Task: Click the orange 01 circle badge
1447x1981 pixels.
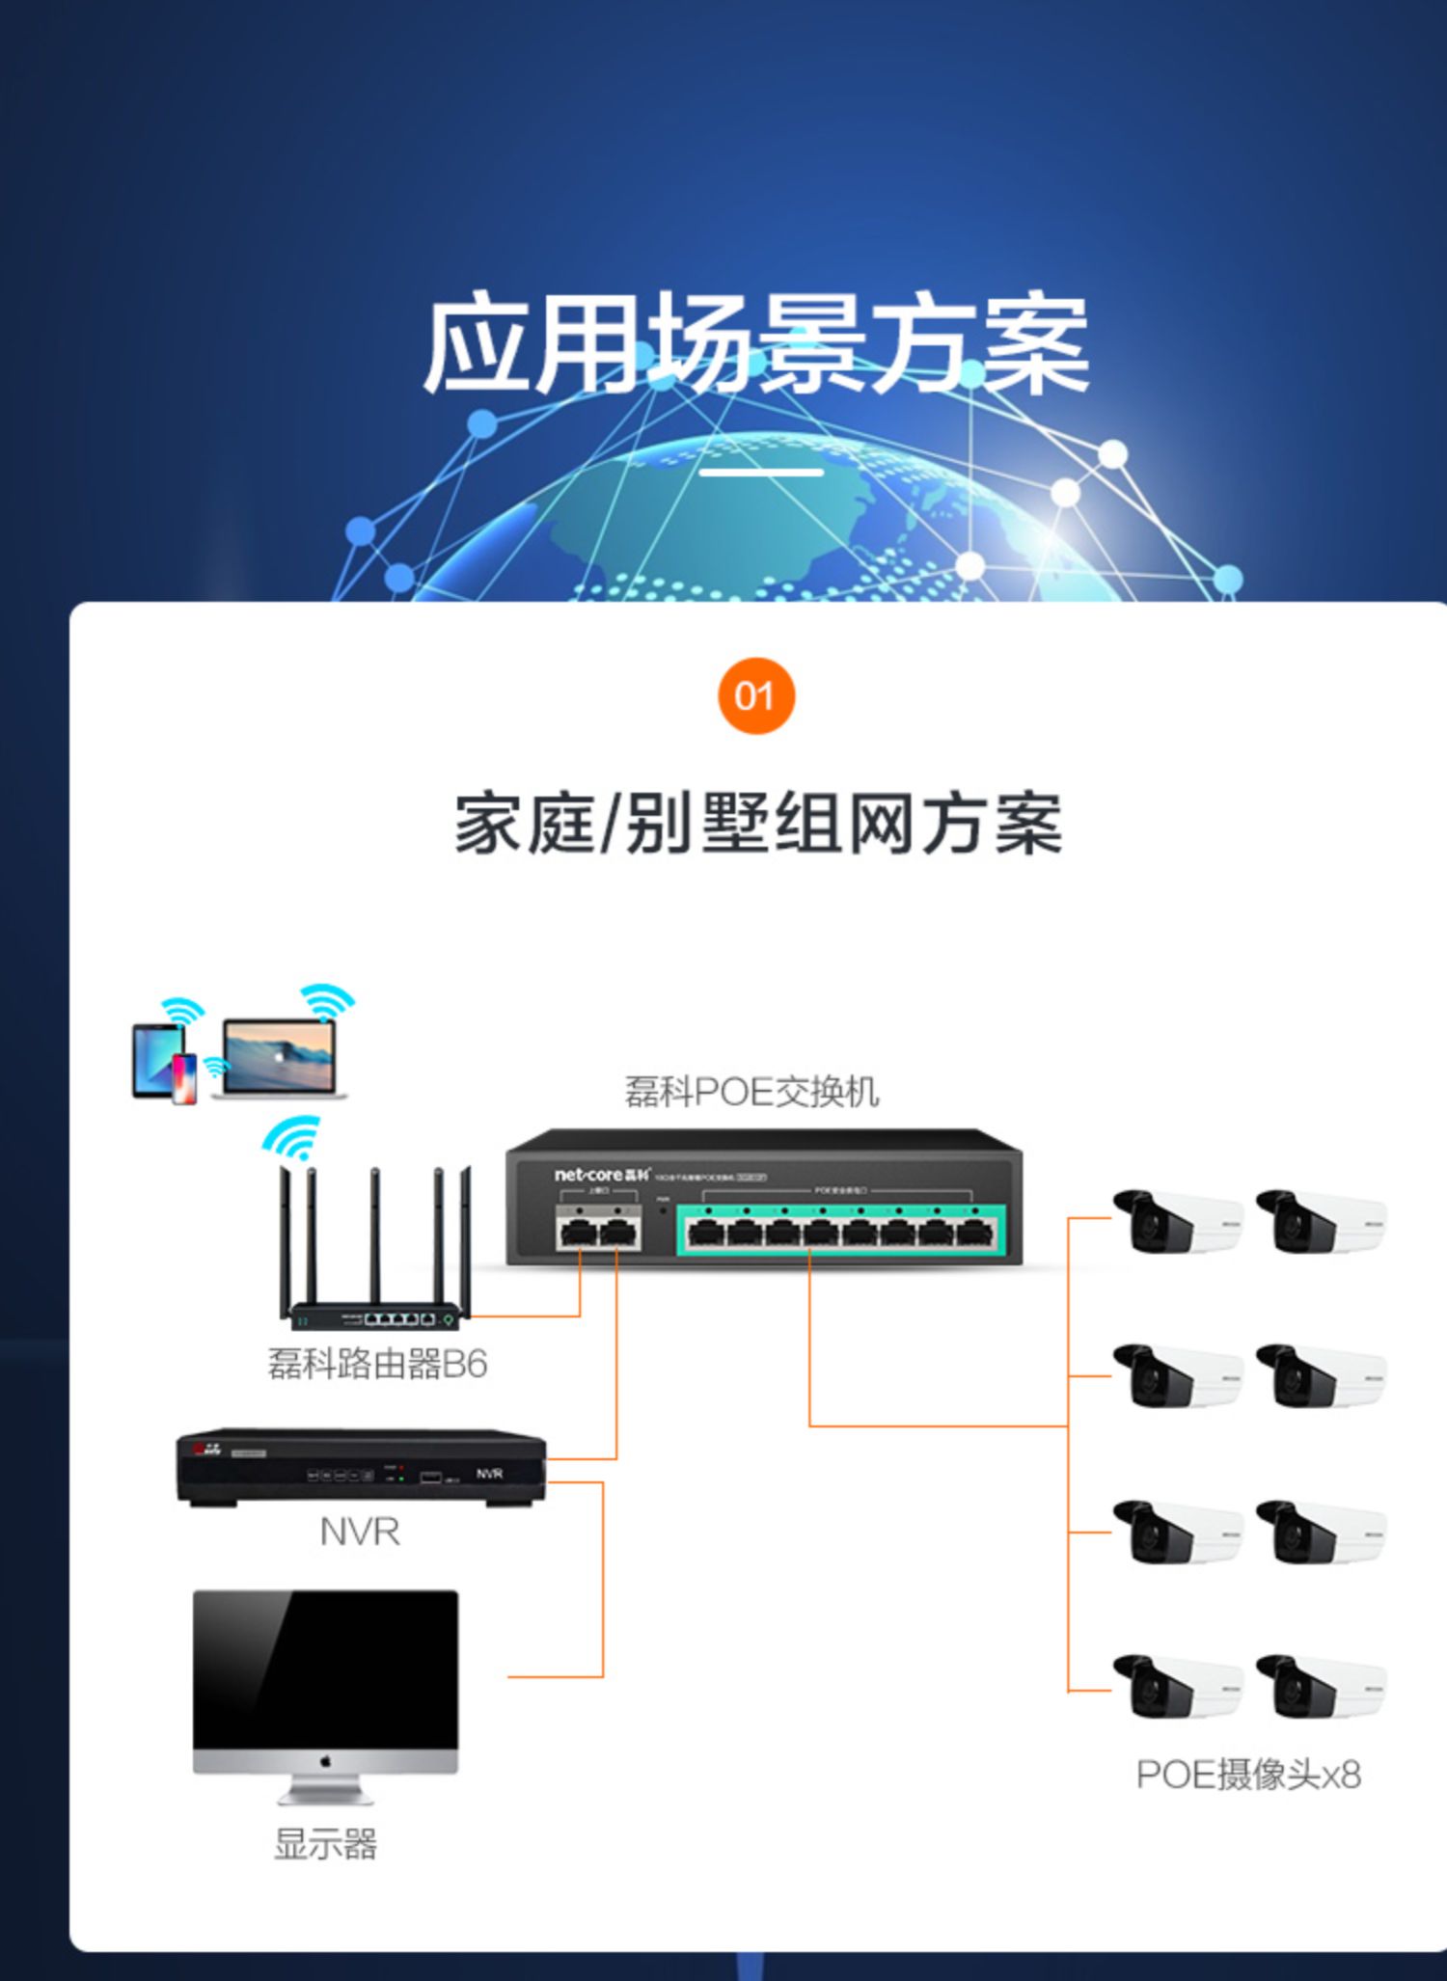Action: (756, 695)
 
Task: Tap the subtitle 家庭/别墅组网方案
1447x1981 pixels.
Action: (758, 823)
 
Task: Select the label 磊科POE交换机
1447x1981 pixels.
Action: (751, 1092)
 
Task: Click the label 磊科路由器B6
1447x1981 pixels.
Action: (377, 1364)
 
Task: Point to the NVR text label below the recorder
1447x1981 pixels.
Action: (360, 1532)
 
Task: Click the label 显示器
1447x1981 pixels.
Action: (325, 1844)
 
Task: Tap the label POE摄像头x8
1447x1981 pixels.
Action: (1248, 1775)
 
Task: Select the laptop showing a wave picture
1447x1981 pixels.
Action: (279, 1058)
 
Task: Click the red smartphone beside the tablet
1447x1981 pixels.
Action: (184, 1078)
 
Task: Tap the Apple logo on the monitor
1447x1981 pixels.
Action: (325, 1762)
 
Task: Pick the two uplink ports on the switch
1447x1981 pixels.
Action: (598, 1231)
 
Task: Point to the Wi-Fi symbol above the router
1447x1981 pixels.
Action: (291, 1137)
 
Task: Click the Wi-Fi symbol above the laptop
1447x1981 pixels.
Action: (327, 1002)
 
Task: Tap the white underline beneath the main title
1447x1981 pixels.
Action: (761, 473)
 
